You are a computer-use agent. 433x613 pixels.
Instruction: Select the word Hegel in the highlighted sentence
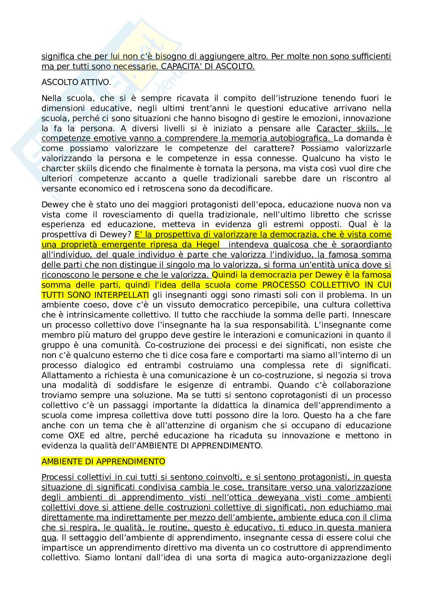pyautogui.click(x=208, y=245)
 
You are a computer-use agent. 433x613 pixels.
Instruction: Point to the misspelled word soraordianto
pyautogui.click(x=364, y=245)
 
